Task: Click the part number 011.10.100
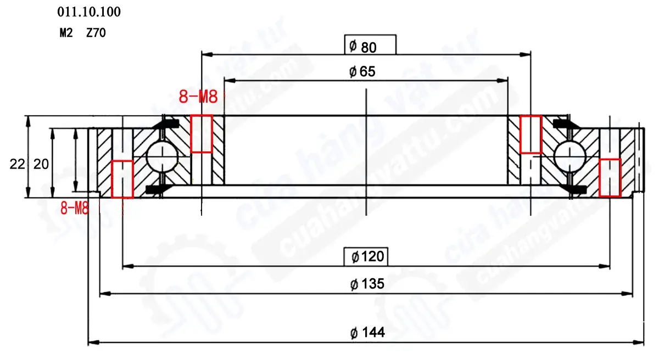point(89,12)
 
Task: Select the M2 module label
point(66,32)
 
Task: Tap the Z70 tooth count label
point(96,32)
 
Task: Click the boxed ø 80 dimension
point(370,44)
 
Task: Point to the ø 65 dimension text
point(362,72)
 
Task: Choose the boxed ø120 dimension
point(366,257)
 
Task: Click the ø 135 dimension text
point(367,284)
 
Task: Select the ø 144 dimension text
point(367,333)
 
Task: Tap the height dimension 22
point(17,164)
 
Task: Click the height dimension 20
point(41,164)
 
